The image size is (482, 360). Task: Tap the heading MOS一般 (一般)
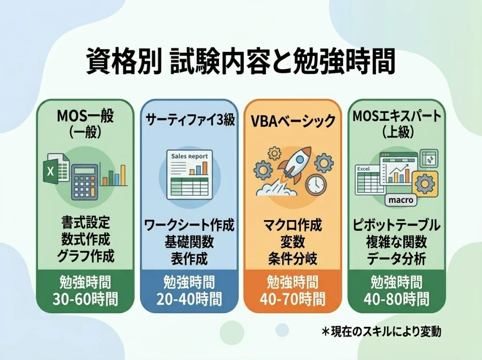[x=85, y=124]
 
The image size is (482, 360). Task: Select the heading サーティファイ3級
[x=189, y=120]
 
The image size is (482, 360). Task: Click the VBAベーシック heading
[x=292, y=121]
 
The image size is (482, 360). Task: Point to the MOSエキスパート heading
[x=396, y=124]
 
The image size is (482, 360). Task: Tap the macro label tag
[x=401, y=200]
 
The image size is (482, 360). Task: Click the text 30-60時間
[x=85, y=298]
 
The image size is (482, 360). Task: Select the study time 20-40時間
[x=189, y=298]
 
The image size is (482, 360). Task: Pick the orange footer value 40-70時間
[x=292, y=298]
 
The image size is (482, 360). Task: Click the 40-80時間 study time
[x=396, y=298]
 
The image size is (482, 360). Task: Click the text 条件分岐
[x=292, y=258]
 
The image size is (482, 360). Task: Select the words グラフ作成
[x=85, y=256]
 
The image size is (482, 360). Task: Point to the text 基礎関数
[x=189, y=242]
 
